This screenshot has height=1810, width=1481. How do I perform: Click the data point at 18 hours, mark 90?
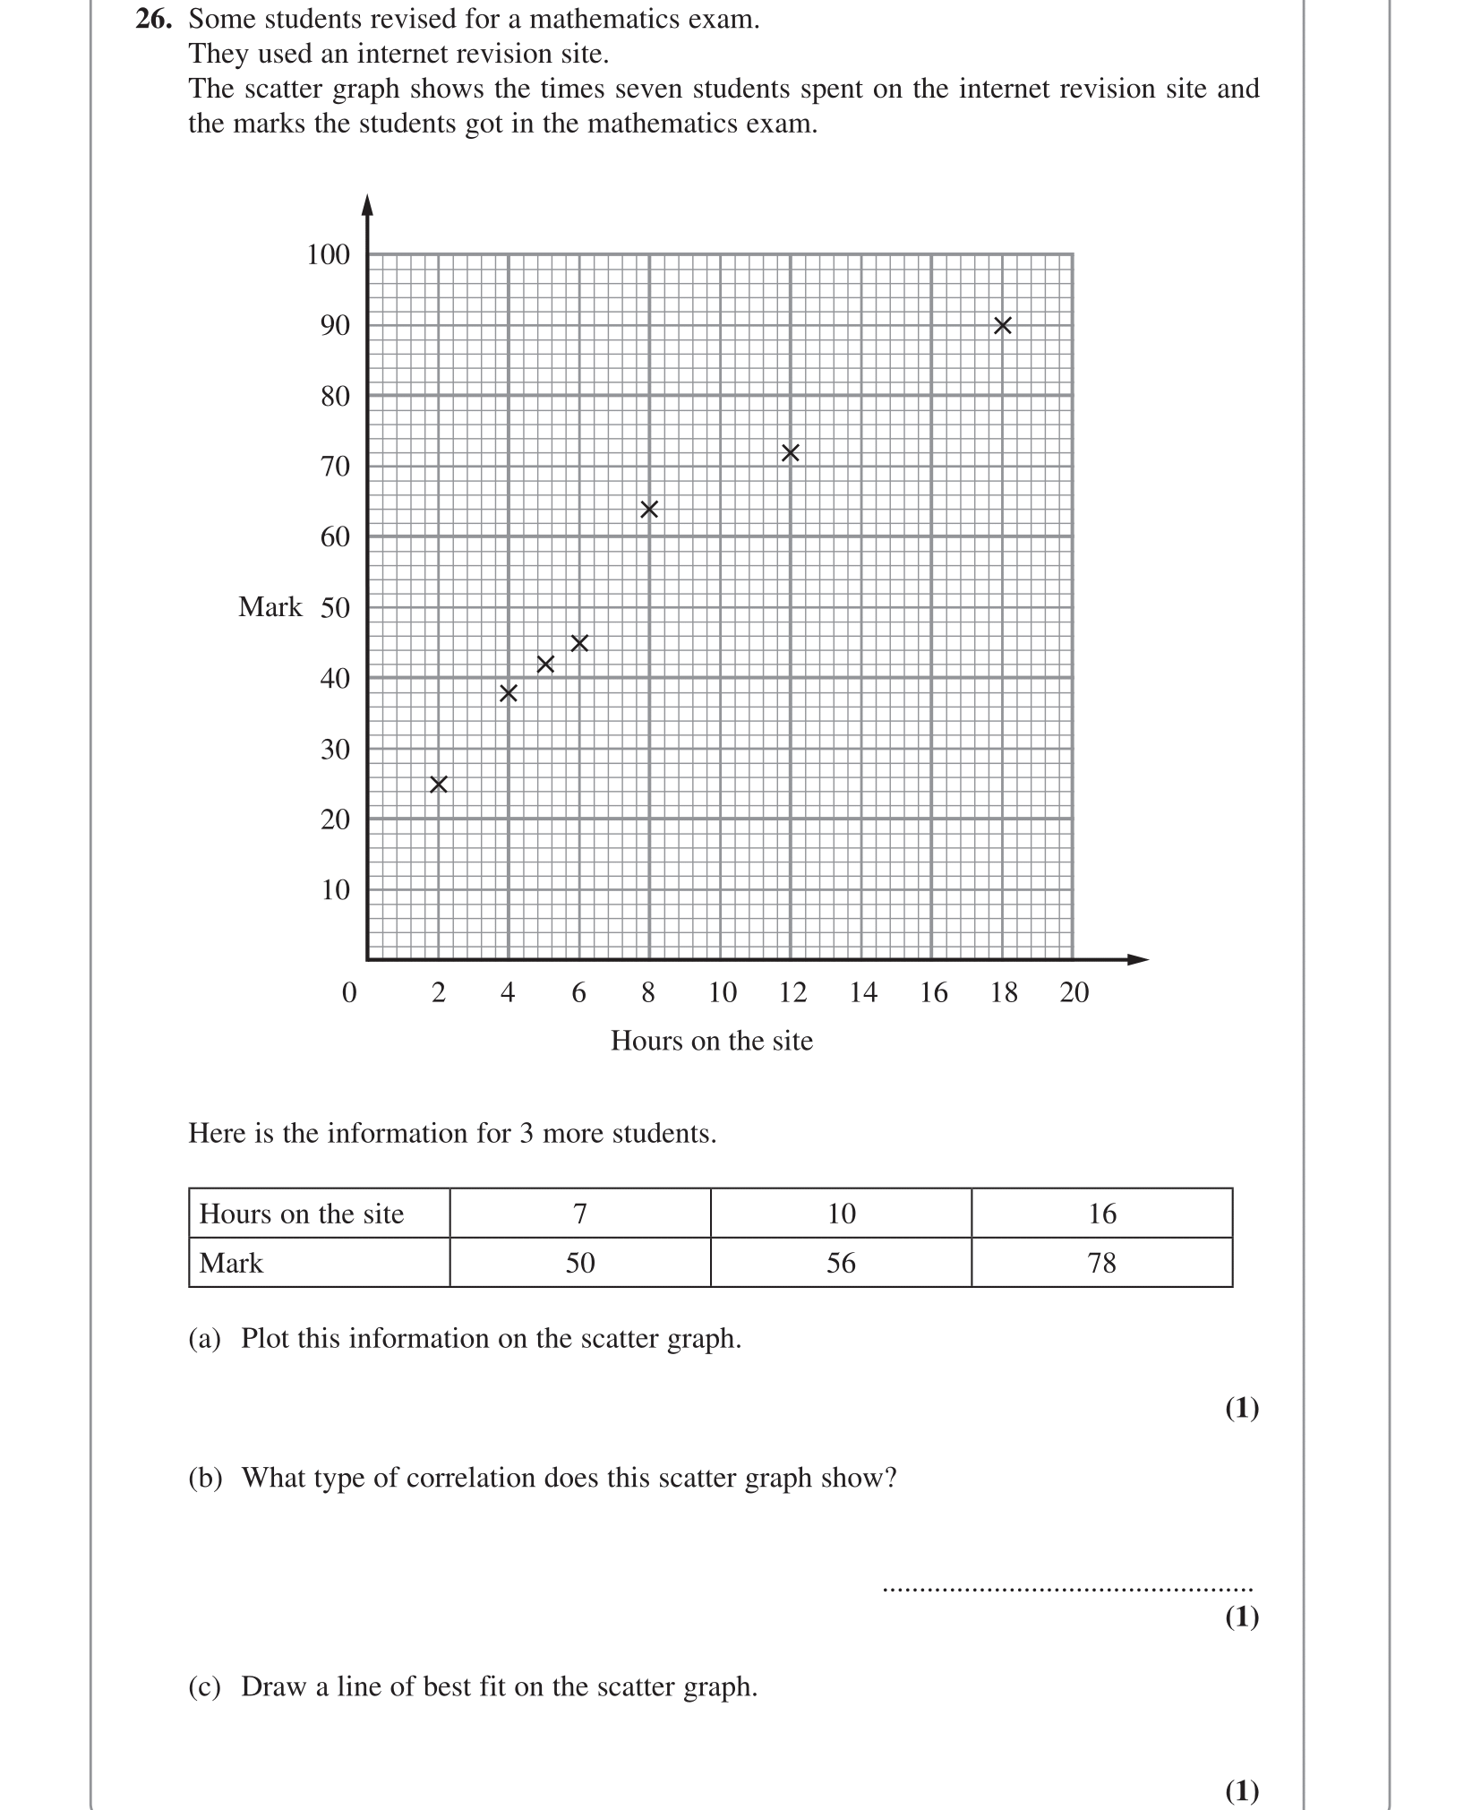point(1003,326)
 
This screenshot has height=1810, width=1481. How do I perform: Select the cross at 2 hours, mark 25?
point(438,785)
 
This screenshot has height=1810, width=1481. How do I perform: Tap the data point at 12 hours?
point(790,453)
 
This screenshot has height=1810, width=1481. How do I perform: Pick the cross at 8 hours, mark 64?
point(649,510)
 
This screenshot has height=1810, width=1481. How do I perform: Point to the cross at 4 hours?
point(508,693)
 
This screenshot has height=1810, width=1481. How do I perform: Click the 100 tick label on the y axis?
point(328,255)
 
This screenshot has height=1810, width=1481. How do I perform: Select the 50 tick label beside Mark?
point(335,608)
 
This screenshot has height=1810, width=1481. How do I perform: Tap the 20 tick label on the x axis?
point(1074,992)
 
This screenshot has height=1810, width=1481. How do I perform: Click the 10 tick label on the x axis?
point(722,992)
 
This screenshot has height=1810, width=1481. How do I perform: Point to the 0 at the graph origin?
point(349,992)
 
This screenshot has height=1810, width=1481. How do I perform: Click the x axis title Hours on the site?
point(712,1041)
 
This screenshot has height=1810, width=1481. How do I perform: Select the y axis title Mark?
point(270,607)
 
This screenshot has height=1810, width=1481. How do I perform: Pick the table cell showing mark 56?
point(841,1263)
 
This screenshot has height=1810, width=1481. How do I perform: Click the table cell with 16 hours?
point(1101,1214)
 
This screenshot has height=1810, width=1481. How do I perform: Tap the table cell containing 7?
point(579,1214)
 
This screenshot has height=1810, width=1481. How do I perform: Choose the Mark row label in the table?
point(231,1263)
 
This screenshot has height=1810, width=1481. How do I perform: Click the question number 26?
point(153,19)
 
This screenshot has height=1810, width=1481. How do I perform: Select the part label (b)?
point(205,1477)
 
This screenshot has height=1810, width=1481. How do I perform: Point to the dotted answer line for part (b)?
point(1066,1590)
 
